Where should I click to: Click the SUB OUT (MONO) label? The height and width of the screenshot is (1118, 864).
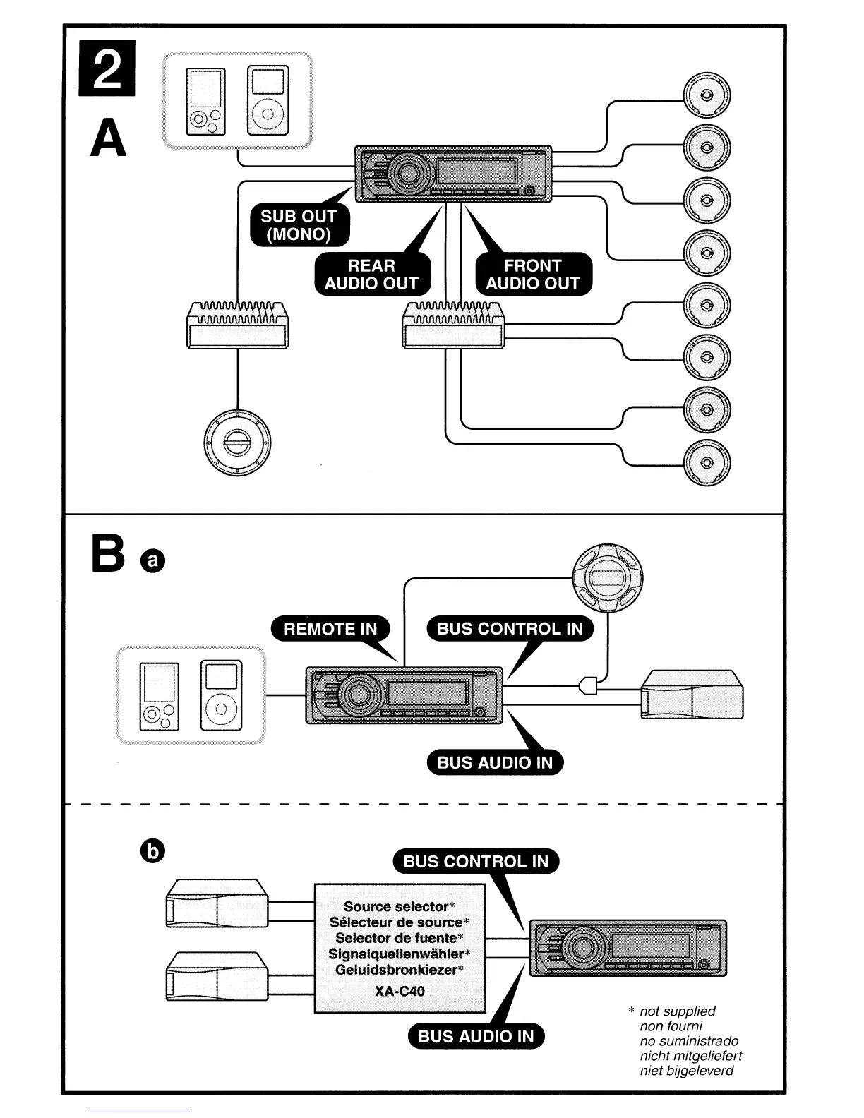pos(299,226)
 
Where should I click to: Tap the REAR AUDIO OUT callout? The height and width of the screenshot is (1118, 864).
pos(371,275)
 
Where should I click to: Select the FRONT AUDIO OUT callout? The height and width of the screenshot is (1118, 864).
pos(533,275)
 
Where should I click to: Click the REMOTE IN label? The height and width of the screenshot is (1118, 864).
pos(330,629)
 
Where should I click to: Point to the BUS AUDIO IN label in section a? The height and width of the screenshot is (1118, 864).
pos(495,762)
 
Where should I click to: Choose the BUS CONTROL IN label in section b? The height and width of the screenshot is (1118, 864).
pos(476,862)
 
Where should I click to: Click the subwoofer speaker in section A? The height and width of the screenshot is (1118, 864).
pos(237,440)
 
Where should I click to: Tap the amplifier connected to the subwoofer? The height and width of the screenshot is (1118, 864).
pos(237,325)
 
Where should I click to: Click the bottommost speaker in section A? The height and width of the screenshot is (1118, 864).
pos(707,463)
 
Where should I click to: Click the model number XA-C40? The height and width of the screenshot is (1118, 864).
pos(400,991)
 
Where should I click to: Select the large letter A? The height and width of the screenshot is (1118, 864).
pos(109,138)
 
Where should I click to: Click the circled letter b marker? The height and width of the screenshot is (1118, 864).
pos(152,853)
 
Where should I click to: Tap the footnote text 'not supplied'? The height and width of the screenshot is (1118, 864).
pos(677,1011)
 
